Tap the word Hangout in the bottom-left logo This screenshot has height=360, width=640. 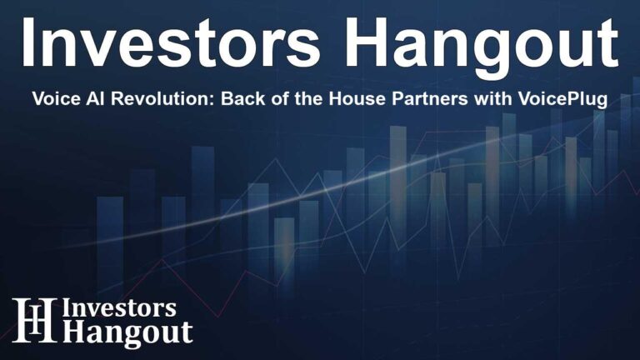click(x=130, y=332)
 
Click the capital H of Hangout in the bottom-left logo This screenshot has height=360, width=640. click(x=77, y=332)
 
